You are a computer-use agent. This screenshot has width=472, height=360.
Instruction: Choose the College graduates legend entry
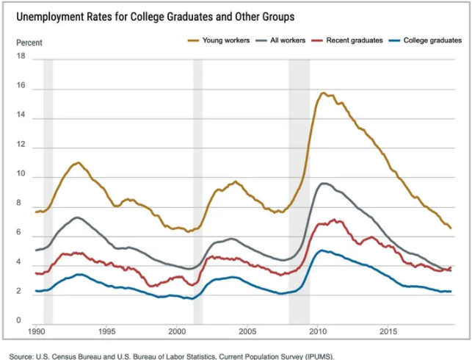pos(432,40)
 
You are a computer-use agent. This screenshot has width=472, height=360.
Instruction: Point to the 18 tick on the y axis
pos(21,57)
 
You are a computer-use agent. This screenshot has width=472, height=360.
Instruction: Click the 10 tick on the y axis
pos(21,176)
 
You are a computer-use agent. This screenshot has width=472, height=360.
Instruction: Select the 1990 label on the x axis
pos(36,332)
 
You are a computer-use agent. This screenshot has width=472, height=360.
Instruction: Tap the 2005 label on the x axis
pos(247,332)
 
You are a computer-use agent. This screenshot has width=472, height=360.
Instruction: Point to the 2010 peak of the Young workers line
pos(323,93)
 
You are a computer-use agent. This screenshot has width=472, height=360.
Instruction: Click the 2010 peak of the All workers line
pos(323,184)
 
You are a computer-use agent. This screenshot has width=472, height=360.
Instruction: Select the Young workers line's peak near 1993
pos(78,162)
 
